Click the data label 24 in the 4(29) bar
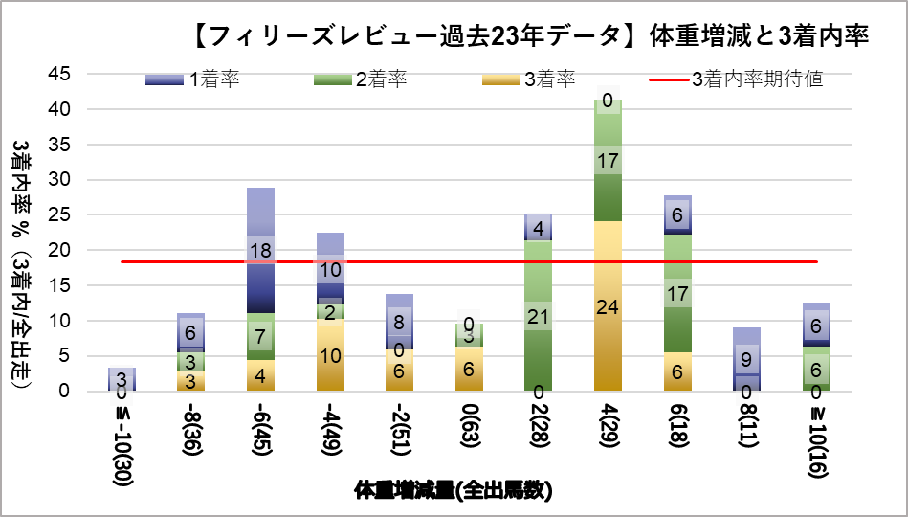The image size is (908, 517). tap(609, 308)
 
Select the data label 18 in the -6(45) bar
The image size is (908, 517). tap(261, 251)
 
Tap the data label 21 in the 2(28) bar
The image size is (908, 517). tap(539, 316)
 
